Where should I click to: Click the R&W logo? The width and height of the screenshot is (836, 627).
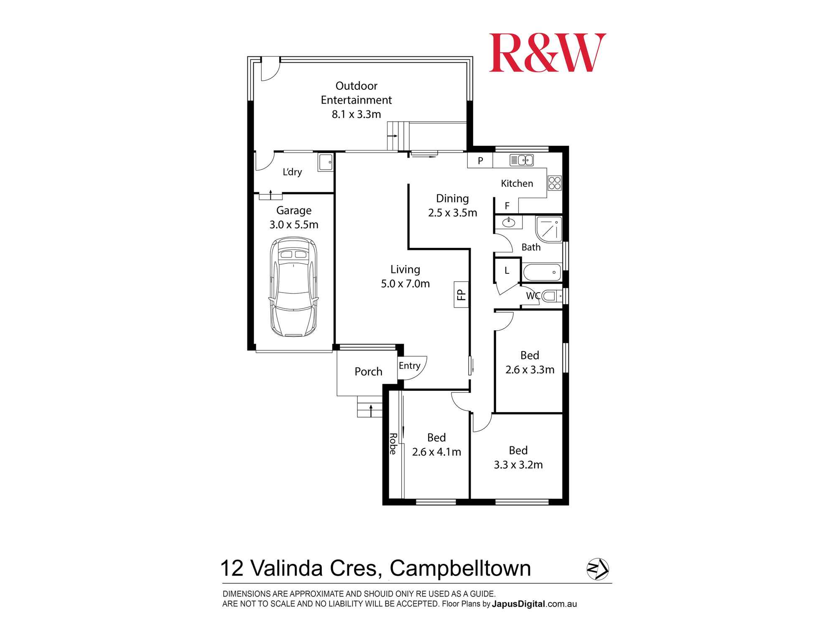point(547,53)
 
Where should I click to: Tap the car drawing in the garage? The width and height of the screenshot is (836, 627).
point(293,287)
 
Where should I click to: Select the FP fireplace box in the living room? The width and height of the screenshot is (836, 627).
point(461,294)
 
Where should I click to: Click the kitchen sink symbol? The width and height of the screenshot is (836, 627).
point(521,160)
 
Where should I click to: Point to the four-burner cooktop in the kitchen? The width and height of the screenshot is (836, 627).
point(555,183)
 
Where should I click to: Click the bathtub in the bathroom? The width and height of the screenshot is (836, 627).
point(542,272)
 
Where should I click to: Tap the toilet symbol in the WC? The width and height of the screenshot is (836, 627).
point(551,296)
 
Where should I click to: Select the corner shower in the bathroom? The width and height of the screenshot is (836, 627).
point(549,229)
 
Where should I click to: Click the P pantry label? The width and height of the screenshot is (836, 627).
point(480,161)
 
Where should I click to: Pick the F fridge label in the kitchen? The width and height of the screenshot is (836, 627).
point(507,206)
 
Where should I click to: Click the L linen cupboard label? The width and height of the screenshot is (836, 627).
point(507,270)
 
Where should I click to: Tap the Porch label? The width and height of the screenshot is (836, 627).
point(368,372)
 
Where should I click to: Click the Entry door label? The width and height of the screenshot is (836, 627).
point(409,366)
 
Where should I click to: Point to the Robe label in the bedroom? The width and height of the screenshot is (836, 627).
point(393,443)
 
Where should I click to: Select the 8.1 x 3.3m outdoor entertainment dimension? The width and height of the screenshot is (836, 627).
point(356,114)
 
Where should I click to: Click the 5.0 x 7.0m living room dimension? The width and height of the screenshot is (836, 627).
point(405,284)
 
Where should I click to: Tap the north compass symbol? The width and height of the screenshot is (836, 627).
point(598,569)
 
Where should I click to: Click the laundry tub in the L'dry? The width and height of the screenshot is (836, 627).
point(325,162)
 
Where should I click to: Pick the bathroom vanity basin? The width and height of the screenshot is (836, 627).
point(509,223)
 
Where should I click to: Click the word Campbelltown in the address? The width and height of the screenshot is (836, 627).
point(460,568)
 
